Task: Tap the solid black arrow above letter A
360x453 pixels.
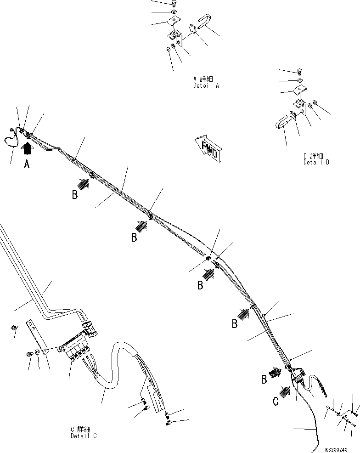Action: point(28,148)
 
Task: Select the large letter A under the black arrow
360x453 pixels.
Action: point(27,164)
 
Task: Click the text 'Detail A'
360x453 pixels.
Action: point(206,86)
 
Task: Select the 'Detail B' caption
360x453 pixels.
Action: point(316,162)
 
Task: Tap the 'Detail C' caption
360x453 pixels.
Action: point(84,436)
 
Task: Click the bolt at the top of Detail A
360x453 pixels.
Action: point(174,3)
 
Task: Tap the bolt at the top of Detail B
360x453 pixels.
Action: point(299,71)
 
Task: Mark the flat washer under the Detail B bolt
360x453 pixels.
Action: point(299,81)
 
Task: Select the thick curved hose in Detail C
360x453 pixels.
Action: point(115,368)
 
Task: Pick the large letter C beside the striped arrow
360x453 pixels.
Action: point(275,402)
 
